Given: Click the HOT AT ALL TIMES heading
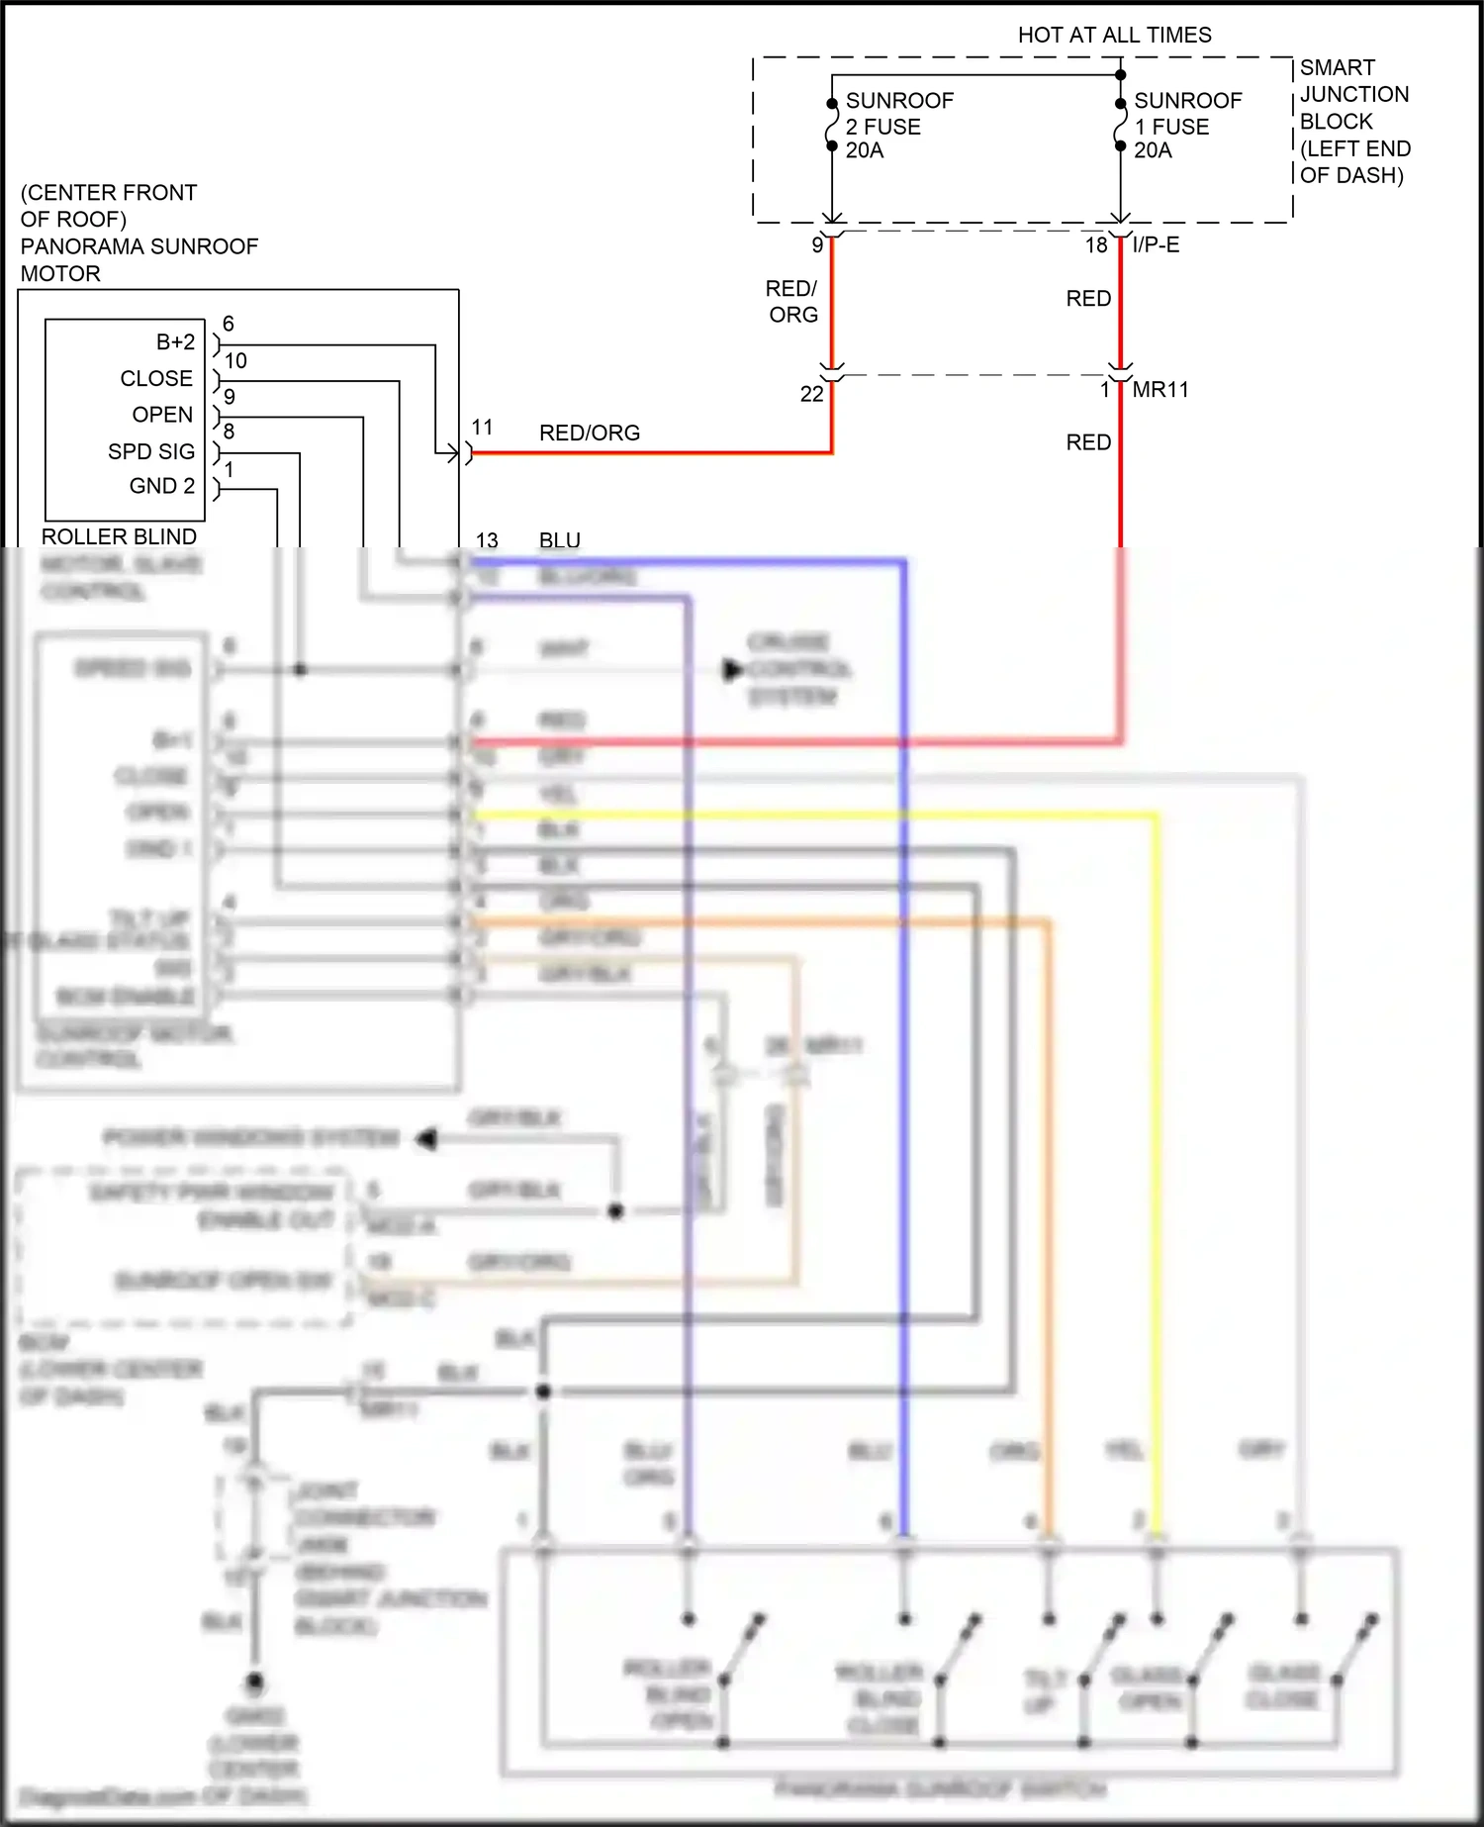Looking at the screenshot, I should pyautogui.click(x=1114, y=36).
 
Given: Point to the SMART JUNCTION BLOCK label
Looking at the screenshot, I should pyautogui.click(x=1353, y=121).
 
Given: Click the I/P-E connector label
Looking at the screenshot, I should pyautogui.click(x=1156, y=244).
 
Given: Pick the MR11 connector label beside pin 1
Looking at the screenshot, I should pyautogui.click(x=1159, y=390).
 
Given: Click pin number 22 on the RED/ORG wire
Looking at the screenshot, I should pyautogui.click(x=811, y=394).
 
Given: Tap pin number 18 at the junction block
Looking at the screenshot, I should pyautogui.click(x=1096, y=245).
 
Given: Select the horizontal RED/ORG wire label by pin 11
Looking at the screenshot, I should pyautogui.click(x=589, y=433).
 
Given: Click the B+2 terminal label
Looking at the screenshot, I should pyautogui.click(x=175, y=342).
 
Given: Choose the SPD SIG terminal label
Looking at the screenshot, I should pyautogui.click(x=151, y=451).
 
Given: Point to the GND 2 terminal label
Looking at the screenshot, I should pyautogui.click(x=162, y=486).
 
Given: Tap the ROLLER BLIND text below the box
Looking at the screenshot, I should pyautogui.click(x=119, y=536).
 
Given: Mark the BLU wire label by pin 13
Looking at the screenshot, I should pyautogui.click(x=559, y=540).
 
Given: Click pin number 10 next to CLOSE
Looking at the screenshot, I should pyautogui.click(x=235, y=361).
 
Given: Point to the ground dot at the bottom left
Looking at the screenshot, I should pyautogui.click(x=254, y=1682).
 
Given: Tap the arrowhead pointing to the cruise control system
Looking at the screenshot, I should pyautogui.click(x=732, y=670).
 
